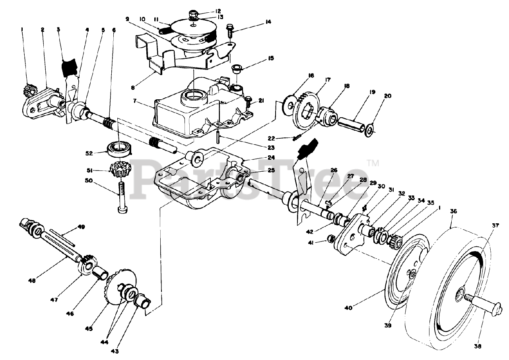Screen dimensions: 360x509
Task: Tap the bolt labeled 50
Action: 120,197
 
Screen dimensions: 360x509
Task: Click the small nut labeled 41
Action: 330,238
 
